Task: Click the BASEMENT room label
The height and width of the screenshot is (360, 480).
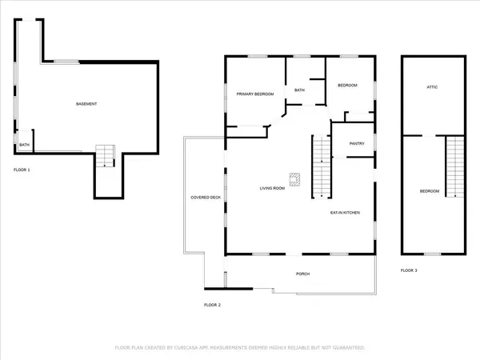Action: coord(86,105)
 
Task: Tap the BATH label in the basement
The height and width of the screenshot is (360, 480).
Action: coord(24,145)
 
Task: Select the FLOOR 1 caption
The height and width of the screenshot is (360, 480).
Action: coord(22,170)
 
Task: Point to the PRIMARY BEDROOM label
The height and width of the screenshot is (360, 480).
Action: coord(254,94)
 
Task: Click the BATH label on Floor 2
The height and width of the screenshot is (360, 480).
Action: coord(299,90)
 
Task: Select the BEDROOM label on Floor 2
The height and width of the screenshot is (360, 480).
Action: coord(346,86)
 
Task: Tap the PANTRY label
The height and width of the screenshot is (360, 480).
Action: coord(357,144)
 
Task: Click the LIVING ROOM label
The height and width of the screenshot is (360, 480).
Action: coord(272,189)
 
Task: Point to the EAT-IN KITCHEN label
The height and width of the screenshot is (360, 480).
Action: coord(346,213)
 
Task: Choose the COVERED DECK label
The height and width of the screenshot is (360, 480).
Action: coord(205,198)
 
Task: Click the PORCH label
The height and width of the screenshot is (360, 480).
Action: coord(302,274)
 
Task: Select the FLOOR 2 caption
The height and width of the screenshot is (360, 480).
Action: coord(212,305)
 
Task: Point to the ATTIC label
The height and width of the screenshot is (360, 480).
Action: coord(432,86)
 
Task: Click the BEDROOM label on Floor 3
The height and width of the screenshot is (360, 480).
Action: coord(430,190)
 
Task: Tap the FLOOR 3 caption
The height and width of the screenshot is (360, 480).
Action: coord(409,271)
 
